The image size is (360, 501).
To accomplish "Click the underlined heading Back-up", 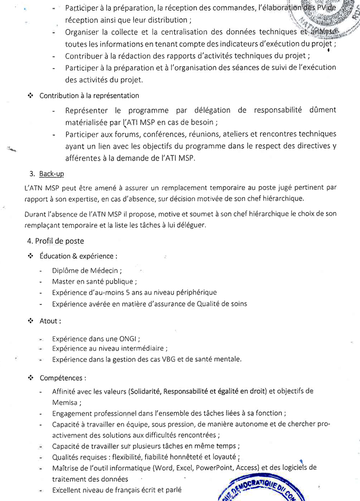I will coord(52,174).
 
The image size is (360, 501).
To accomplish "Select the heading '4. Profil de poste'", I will coord(56,241).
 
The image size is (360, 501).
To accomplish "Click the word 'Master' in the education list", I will coord(63,281).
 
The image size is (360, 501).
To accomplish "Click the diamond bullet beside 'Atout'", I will coord(30,321).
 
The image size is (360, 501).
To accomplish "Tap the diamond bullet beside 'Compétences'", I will coord(30,378).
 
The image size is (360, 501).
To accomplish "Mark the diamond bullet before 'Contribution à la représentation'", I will coord(30,95).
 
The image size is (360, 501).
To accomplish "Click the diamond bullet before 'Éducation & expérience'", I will coord(30,256).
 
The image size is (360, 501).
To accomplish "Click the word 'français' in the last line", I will coord(126,490).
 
